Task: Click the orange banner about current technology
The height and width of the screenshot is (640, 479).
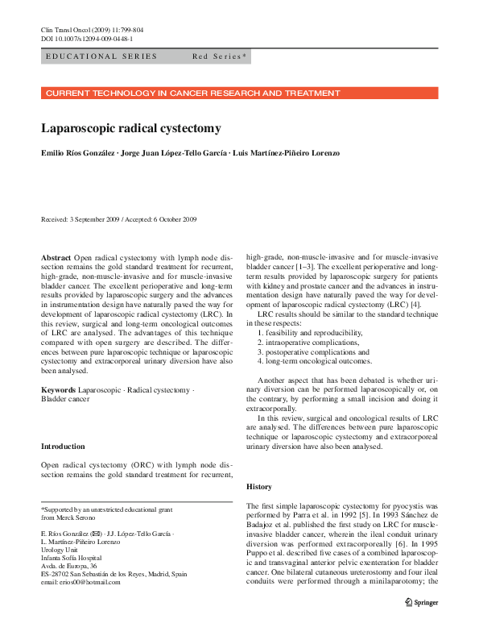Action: pos(239,94)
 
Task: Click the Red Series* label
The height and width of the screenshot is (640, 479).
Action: pos(220,56)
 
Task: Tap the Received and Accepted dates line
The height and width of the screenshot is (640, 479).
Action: pos(118,219)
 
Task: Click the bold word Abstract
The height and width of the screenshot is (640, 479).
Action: pos(56,257)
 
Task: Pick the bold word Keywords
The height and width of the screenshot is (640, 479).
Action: pos(60,389)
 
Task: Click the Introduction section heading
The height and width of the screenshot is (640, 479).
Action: pos(63,447)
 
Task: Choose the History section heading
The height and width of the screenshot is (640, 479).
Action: pos(259,487)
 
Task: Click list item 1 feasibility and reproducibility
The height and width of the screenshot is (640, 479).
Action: pos(310,333)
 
